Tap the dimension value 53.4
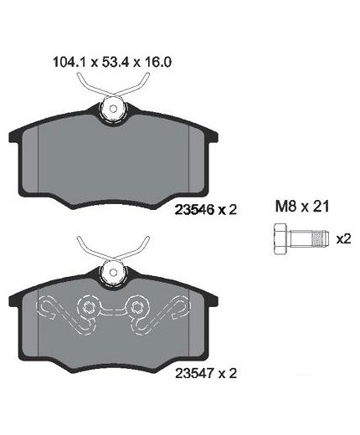[x=116, y=62]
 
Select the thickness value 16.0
[x=157, y=62]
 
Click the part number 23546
[x=194, y=209]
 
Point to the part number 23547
[x=194, y=373]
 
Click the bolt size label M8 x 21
[x=302, y=207]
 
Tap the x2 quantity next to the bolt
[x=343, y=239]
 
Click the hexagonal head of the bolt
[x=280, y=239]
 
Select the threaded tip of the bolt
[x=320, y=239]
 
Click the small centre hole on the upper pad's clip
[x=113, y=108]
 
